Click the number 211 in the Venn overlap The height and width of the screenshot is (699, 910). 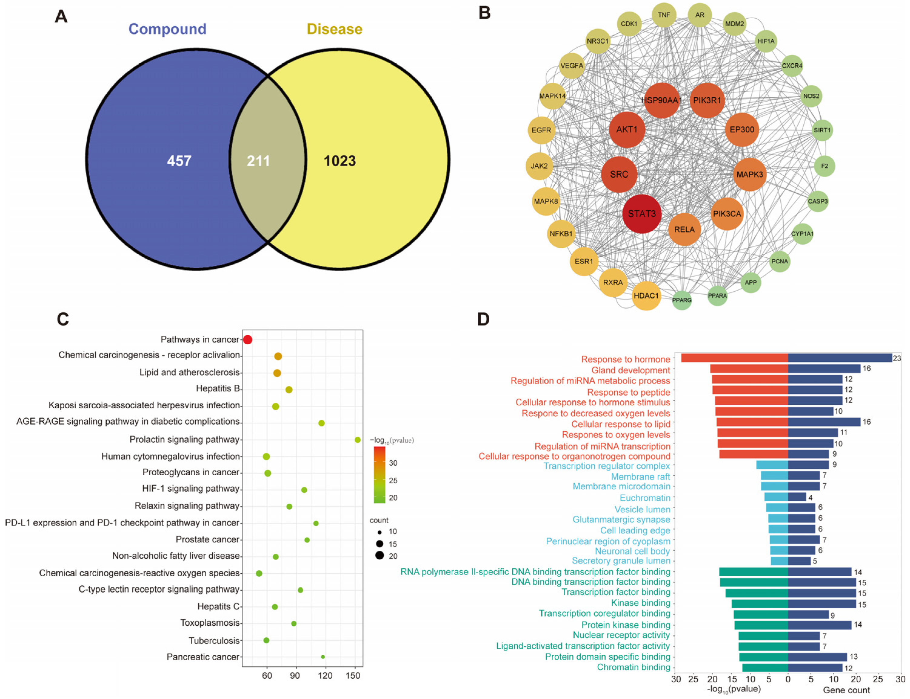tap(258, 161)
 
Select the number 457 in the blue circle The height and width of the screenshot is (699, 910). tap(179, 161)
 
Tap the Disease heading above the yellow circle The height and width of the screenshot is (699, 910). tap(334, 29)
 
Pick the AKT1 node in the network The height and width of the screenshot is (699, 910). tap(626, 129)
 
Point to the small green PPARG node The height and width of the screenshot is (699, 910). tap(682, 300)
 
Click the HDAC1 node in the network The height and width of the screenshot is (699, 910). tap(646, 296)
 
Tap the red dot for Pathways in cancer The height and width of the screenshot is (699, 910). tap(247, 340)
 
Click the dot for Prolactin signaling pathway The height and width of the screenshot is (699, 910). tap(357, 440)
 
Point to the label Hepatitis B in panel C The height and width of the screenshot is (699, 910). tap(218, 389)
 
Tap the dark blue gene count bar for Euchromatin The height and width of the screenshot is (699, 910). tap(797, 497)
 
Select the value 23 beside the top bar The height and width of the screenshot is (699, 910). tap(897, 358)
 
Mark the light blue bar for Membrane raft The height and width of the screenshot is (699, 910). tap(775, 476)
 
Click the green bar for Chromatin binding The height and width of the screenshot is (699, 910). tap(765, 668)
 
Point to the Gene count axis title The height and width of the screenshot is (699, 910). tap(846, 690)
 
